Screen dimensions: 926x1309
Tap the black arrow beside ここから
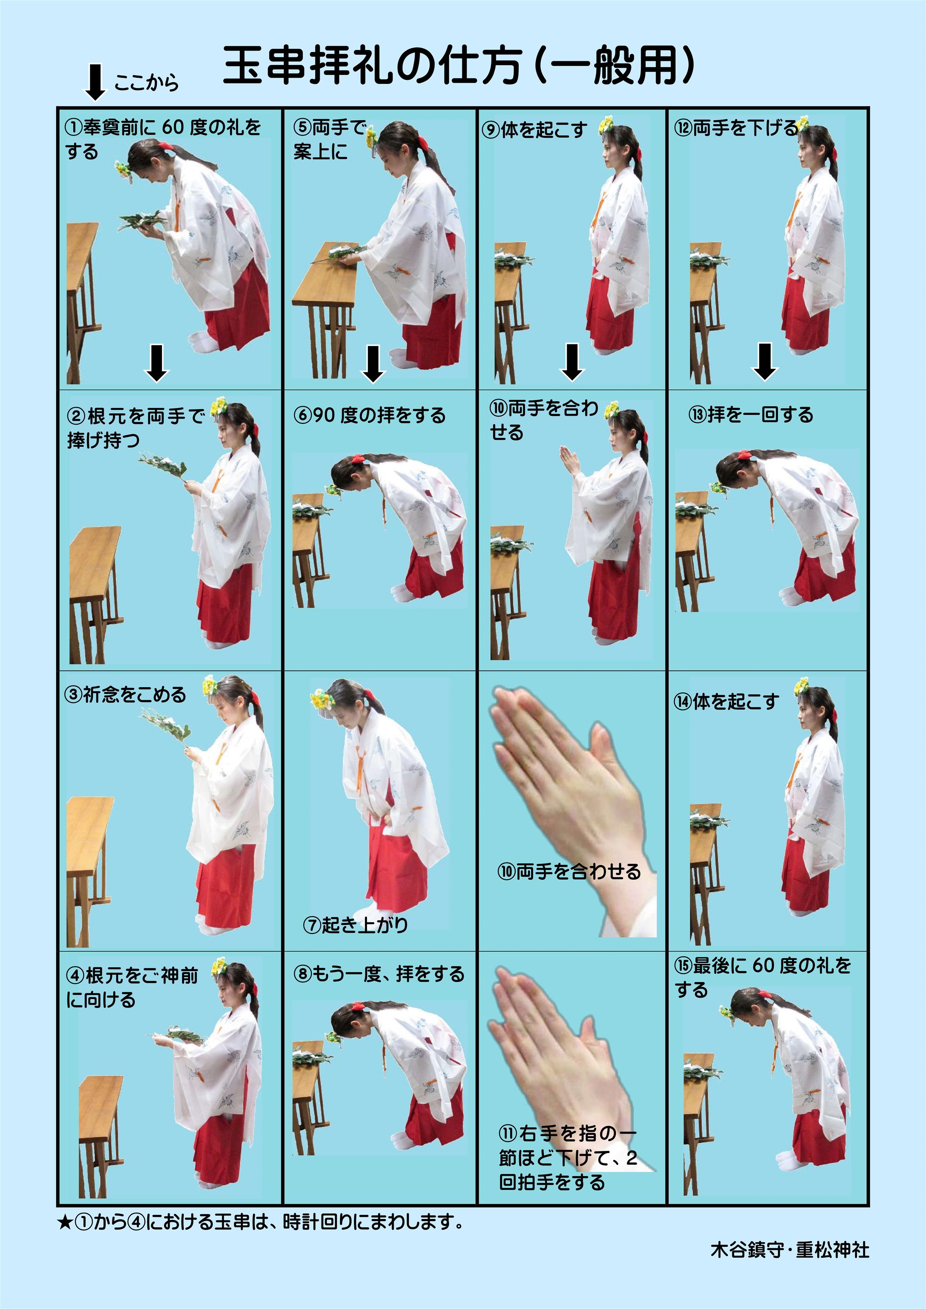coord(95,82)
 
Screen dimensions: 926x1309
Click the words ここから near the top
coord(146,83)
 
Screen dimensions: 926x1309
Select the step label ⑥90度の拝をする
coord(369,415)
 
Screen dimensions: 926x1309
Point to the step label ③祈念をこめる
coord(126,695)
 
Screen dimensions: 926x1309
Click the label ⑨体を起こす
coord(534,130)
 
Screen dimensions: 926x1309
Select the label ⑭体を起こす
coord(726,701)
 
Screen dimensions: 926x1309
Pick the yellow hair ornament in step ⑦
coord(322,699)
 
